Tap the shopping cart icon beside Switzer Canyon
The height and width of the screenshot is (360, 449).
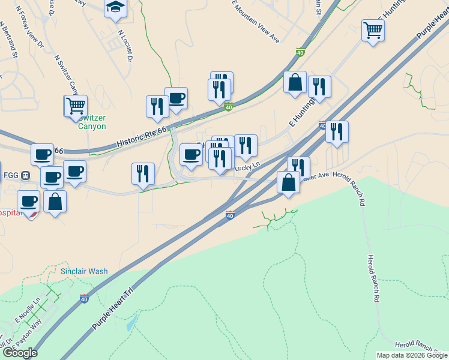76,106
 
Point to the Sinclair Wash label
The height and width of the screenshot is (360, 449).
84,271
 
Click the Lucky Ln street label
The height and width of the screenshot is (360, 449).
247,167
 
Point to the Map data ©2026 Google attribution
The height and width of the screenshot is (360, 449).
412,355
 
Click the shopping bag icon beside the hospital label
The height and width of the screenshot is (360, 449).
55,202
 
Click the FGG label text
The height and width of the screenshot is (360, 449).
10,175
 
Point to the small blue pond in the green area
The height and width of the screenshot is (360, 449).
131,323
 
